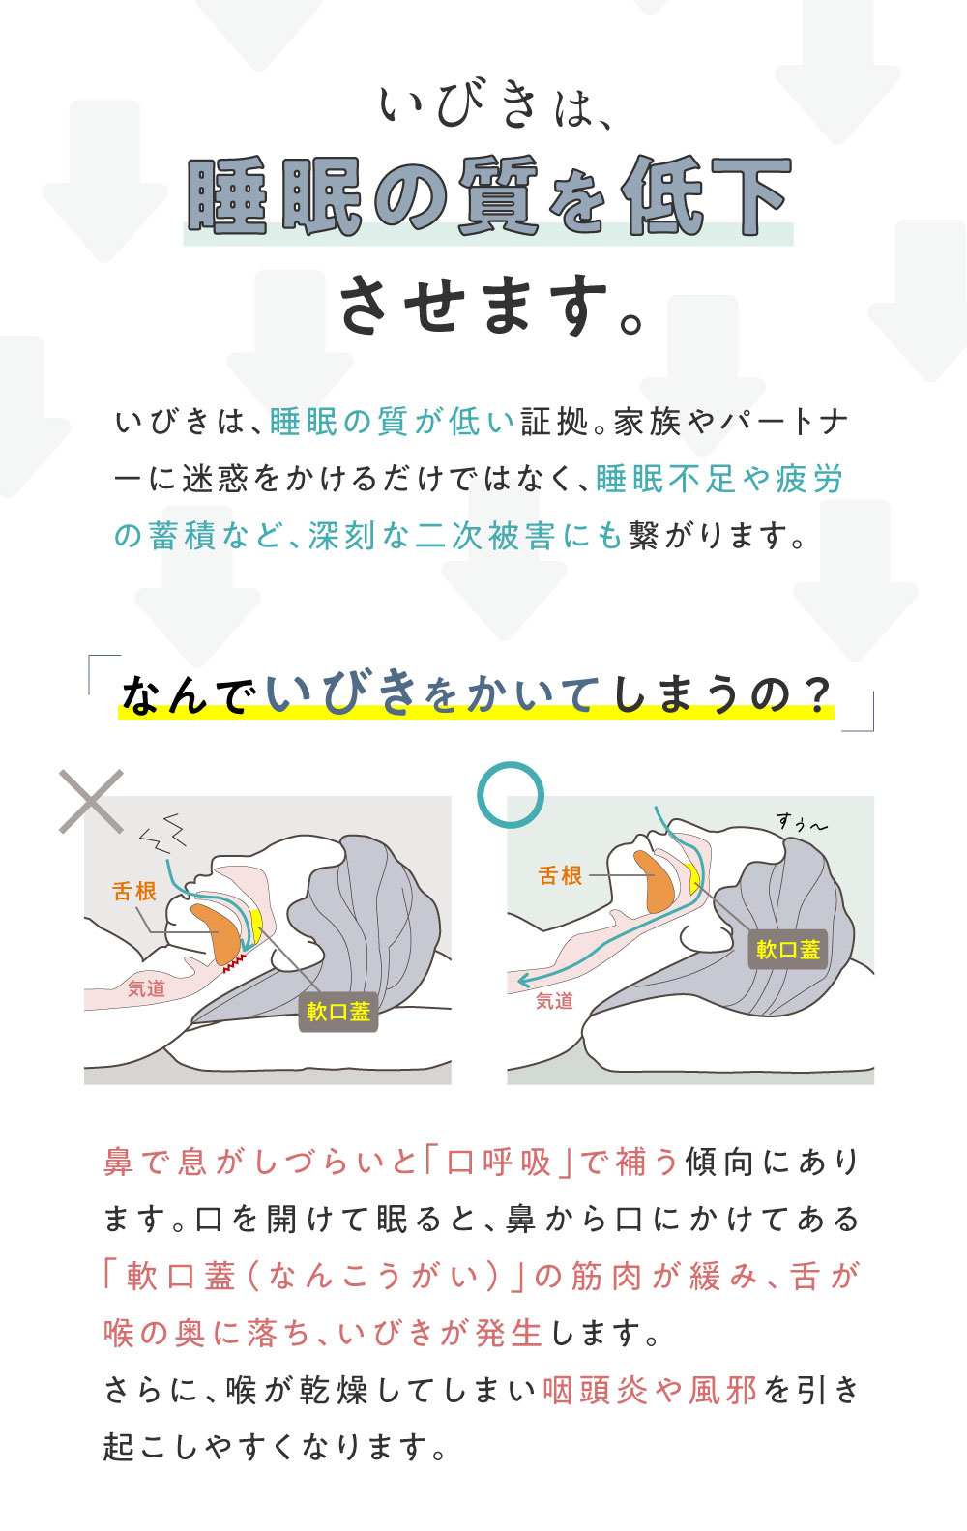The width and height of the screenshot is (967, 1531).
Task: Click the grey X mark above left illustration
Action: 91,801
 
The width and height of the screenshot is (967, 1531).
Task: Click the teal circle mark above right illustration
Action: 511,794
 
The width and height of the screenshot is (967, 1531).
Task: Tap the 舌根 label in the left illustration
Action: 134,891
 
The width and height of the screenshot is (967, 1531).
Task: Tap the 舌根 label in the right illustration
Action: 560,875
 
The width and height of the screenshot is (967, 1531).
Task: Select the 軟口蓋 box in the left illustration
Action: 337,1012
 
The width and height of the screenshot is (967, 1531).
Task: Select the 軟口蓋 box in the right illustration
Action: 788,950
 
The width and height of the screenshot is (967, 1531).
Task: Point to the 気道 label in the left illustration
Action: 146,988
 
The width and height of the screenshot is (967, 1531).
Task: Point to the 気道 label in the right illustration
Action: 554,1001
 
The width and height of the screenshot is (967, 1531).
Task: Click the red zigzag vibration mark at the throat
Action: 233,961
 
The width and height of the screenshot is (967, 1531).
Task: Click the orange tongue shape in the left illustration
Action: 218,930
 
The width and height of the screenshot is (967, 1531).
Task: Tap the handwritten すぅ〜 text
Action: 802,823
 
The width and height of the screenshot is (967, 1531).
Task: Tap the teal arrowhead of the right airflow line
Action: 523,980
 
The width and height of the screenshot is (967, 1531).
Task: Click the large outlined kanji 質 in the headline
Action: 496,196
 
